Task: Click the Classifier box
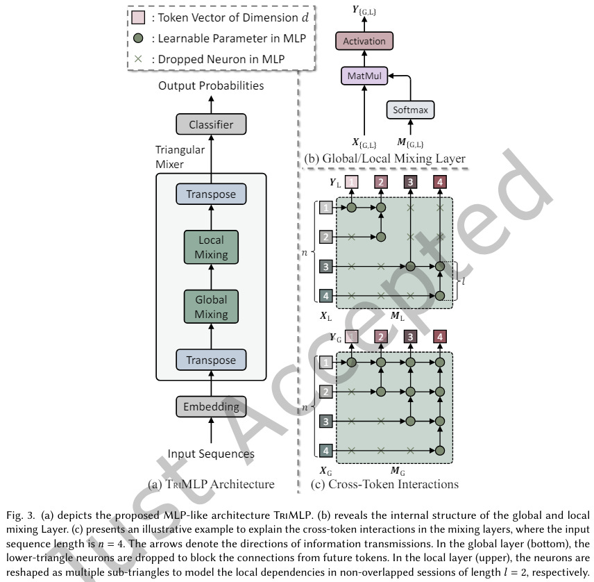coord(211,125)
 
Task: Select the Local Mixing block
coord(211,247)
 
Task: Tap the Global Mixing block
coord(211,307)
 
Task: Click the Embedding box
coord(211,407)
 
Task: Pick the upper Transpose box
coord(211,195)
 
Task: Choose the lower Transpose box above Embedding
coord(211,360)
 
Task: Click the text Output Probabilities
coord(211,86)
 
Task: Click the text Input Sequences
coord(211,454)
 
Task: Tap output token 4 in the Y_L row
coord(440,183)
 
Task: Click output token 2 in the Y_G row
coord(381,337)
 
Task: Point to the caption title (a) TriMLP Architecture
coord(211,483)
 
